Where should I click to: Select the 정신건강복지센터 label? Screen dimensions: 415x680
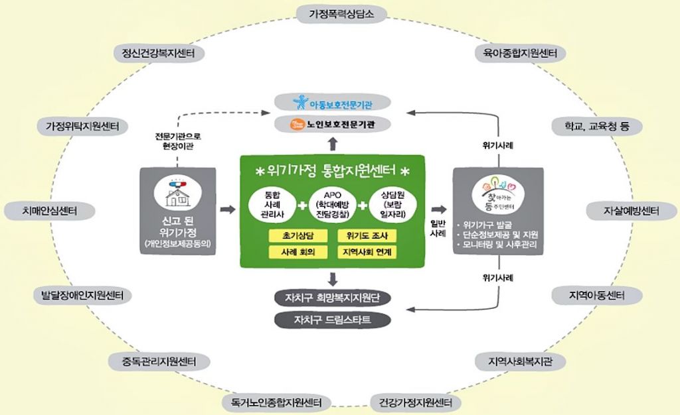click(154, 53)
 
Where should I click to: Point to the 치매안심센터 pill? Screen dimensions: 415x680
click(50, 211)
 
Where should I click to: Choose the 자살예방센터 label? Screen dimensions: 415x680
click(630, 211)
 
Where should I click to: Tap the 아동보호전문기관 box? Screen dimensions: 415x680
click(333, 103)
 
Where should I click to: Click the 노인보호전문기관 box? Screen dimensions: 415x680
click(333, 123)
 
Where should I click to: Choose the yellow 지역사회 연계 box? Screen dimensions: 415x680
click(367, 253)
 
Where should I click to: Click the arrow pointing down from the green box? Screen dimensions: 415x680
click(333, 278)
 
